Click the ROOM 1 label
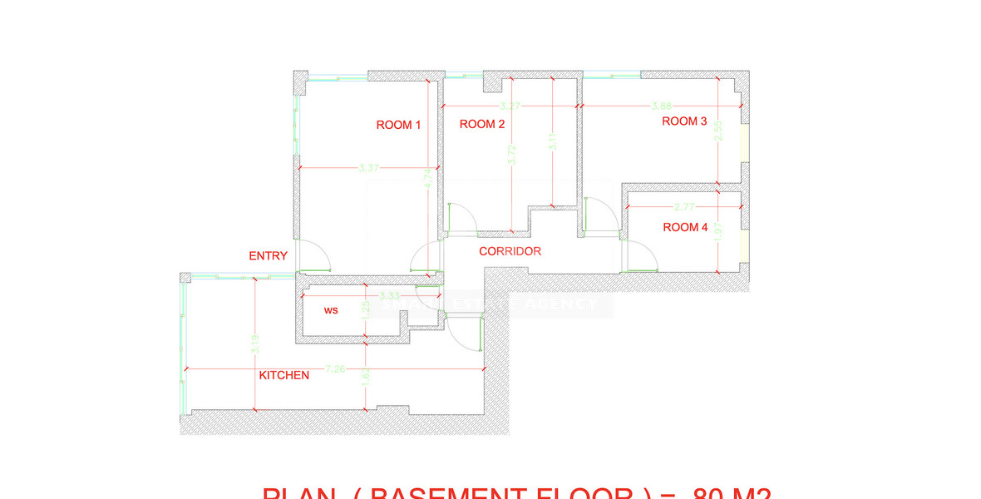[x=399, y=125]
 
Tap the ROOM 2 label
[x=482, y=125]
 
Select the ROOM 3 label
[x=684, y=121]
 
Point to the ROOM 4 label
[x=685, y=227]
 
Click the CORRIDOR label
[x=510, y=251]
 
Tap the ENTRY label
[x=269, y=256]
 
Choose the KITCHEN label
[x=284, y=375]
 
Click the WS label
[x=331, y=310]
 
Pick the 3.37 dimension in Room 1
[x=369, y=168]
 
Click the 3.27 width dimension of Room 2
[x=510, y=106]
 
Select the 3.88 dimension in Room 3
[x=662, y=106]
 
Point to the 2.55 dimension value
[x=718, y=131]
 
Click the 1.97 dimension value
[x=718, y=233]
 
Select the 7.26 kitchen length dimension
[x=336, y=368]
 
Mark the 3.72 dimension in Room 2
[x=510, y=154]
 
